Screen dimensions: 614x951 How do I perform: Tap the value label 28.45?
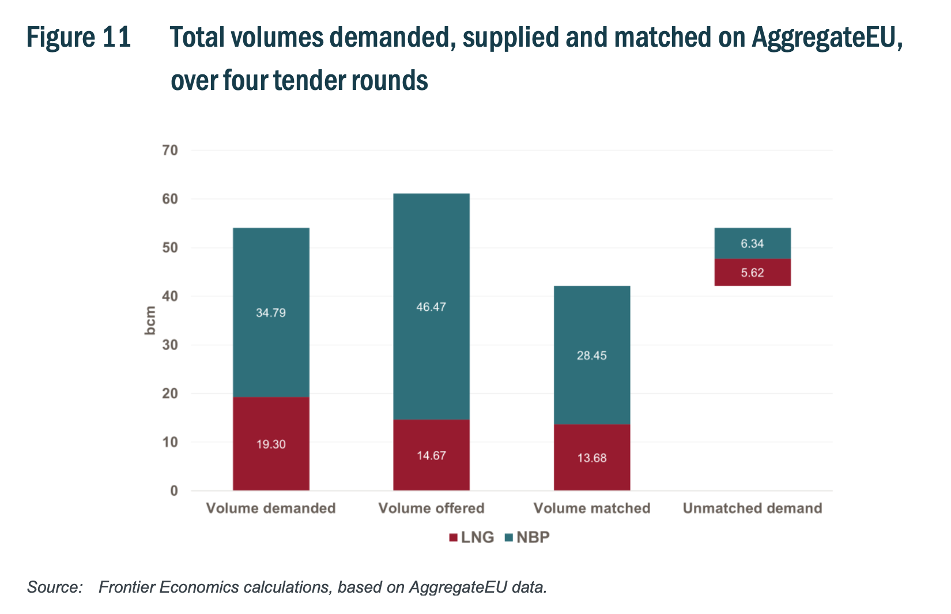point(592,356)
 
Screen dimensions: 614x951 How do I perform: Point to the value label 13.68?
point(592,458)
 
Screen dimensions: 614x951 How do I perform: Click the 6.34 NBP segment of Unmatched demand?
point(752,243)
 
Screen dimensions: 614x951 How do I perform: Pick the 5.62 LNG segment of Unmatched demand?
point(752,273)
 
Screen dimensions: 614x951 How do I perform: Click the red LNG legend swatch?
point(453,538)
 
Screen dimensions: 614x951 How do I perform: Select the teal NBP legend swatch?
point(508,538)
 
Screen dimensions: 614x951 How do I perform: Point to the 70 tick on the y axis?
point(171,150)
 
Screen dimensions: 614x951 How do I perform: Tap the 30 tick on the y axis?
point(171,345)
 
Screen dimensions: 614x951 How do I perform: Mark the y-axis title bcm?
point(150,321)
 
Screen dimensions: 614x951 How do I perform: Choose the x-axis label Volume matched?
point(592,508)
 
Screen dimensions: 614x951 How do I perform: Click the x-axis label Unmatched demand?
point(752,508)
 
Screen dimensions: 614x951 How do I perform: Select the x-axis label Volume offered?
point(431,508)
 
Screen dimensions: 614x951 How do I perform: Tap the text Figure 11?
point(79,38)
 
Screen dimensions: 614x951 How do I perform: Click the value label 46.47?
point(431,307)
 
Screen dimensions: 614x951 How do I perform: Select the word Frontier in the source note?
point(126,587)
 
